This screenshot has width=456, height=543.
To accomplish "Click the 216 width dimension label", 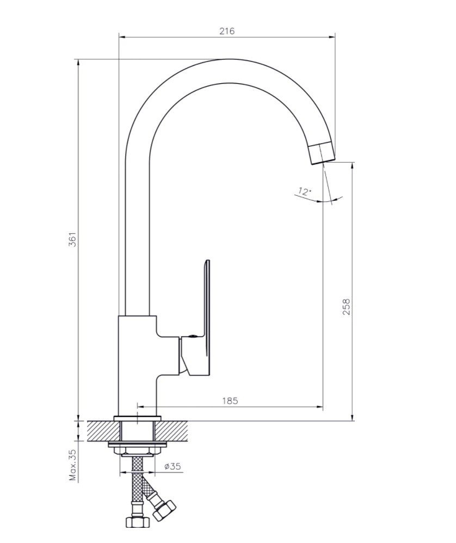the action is coord(227,31).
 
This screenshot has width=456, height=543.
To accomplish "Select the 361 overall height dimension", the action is coord(72,239).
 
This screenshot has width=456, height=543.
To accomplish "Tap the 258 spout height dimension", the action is coord(346,306).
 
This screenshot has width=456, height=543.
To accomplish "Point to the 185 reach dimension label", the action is coord(230,400).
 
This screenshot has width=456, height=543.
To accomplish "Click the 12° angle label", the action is coord(305,192).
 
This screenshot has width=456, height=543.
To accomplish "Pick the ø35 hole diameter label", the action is coord(173,466).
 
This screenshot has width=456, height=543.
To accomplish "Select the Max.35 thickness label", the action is coord(72,465).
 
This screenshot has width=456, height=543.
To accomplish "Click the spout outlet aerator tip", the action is coord(322,153).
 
